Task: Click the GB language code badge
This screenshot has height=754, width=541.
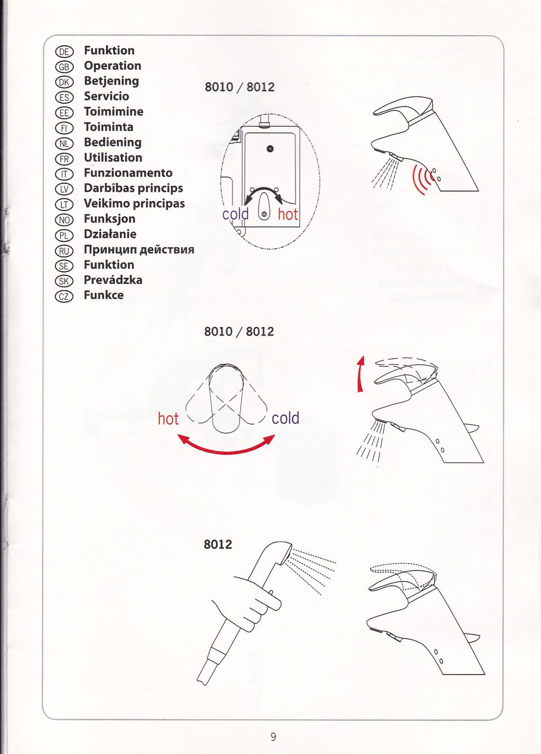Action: [x=64, y=67]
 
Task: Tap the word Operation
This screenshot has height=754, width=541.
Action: [x=113, y=66]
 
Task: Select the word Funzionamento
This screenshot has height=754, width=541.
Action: [x=128, y=173]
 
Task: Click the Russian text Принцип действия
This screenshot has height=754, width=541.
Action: [x=139, y=249]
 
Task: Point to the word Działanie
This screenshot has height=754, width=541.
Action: [x=110, y=234]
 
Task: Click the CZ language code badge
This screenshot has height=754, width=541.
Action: [x=64, y=297]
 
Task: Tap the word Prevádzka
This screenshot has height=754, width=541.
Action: [x=113, y=280]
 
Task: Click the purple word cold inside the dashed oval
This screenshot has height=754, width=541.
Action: [x=236, y=214]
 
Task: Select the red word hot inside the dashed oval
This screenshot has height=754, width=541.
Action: [x=288, y=214]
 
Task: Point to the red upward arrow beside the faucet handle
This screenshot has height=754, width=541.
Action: [x=361, y=374]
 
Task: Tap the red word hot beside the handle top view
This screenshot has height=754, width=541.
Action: [x=168, y=419]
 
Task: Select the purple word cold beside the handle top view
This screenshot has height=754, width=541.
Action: [x=286, y=418]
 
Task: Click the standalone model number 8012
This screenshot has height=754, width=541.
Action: [x=218, y=545]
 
